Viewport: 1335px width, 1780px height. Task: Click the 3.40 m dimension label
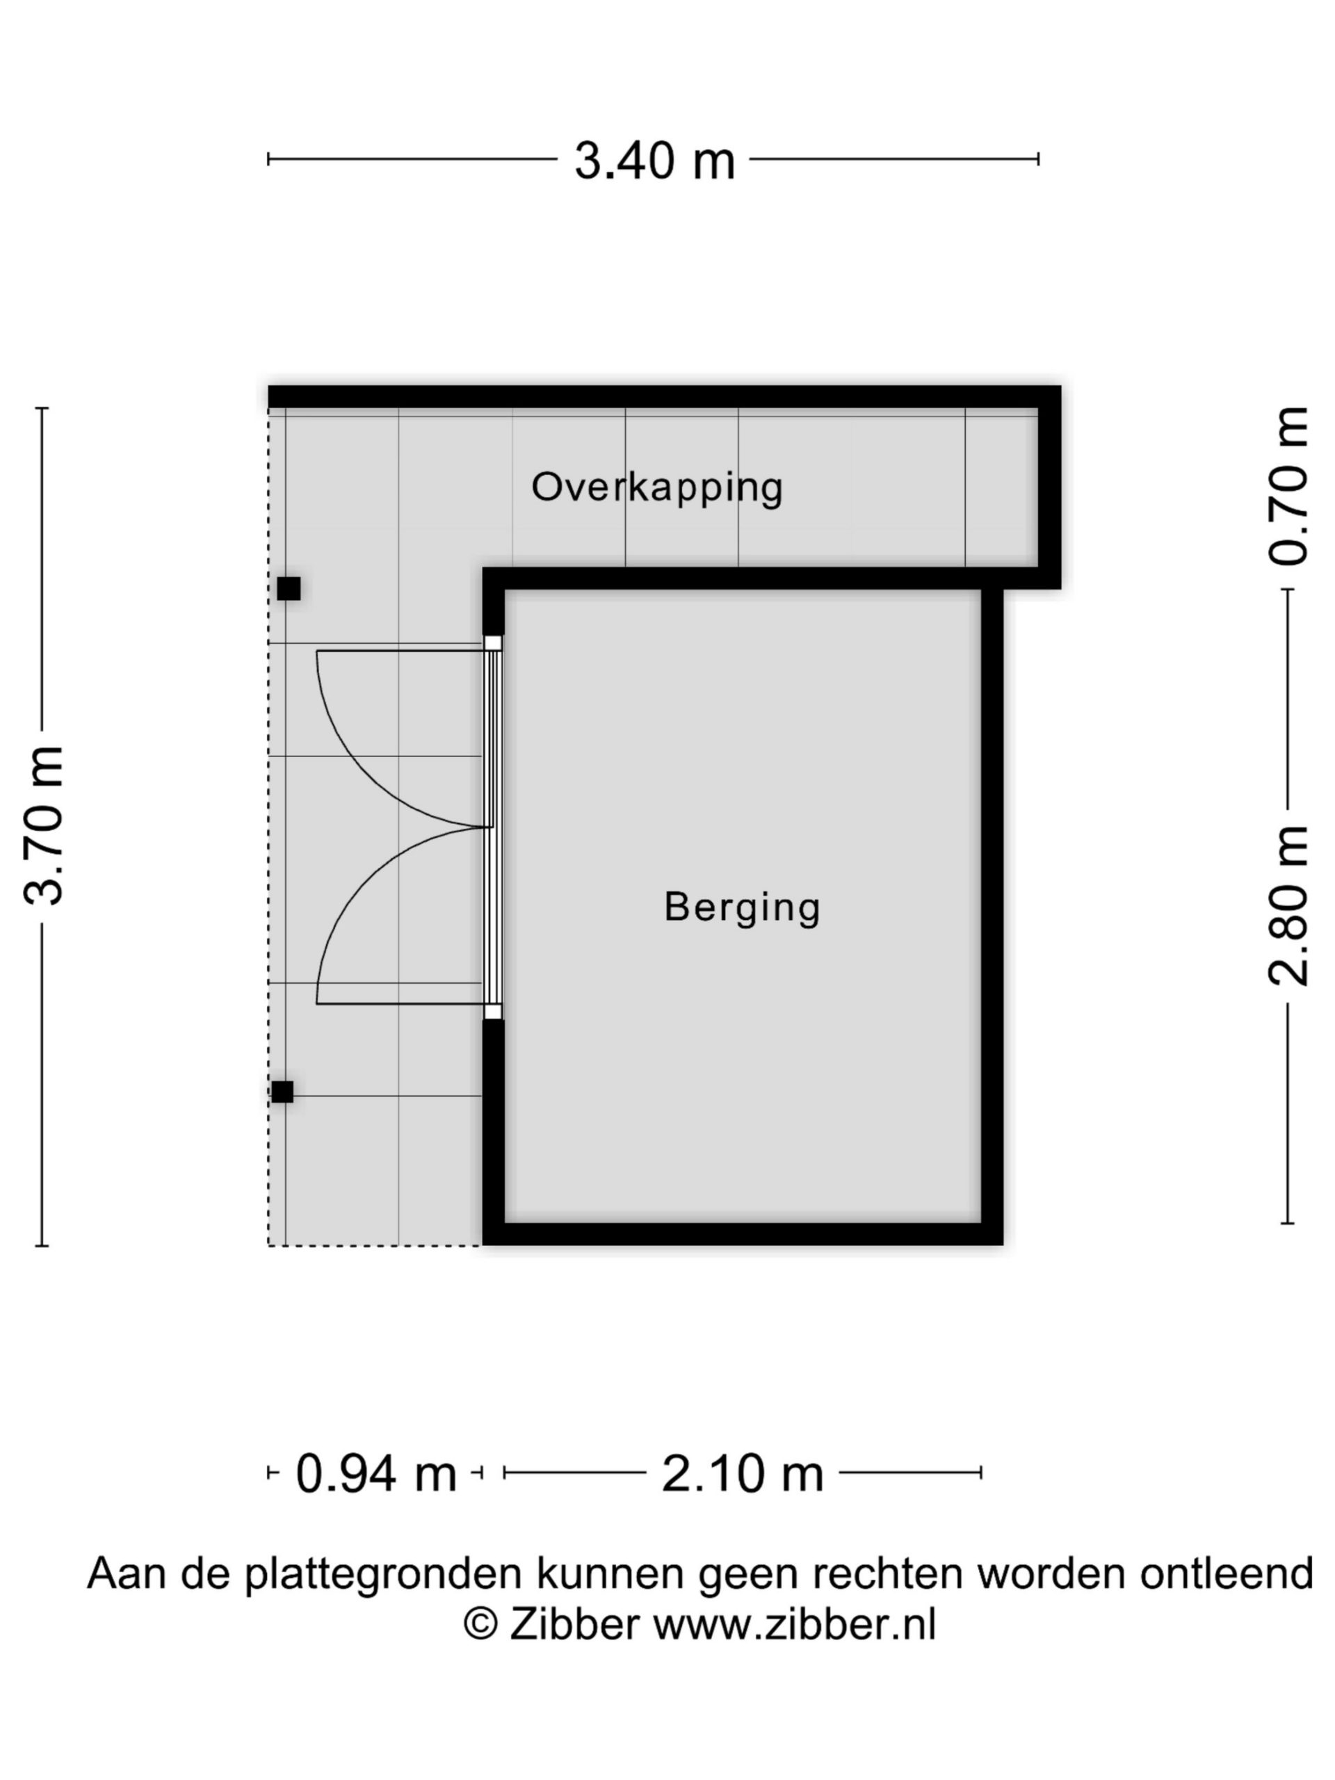coord(654,160)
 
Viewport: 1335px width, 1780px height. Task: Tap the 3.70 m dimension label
coord(45,827)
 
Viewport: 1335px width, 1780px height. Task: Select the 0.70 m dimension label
coord(1288,486)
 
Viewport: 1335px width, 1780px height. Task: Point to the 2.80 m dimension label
coord(1288,906)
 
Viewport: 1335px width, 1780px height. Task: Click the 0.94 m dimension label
coord(375,1473)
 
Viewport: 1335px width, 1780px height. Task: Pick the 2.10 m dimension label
coord(742,1473)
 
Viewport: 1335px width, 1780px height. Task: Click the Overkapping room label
coord(656,488)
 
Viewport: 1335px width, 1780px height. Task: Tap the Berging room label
coord(742,907)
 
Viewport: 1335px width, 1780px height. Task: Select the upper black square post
coord(289,589)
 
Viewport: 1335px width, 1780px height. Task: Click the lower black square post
coord(282,1092)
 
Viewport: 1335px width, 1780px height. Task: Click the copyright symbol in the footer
coord(481,1625)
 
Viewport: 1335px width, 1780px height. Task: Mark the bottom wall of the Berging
coord(742,1233)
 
